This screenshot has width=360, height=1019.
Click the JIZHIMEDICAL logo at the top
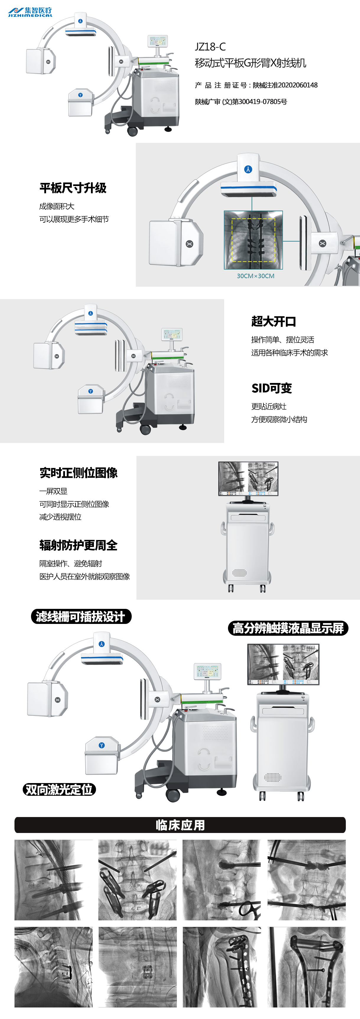point(30,12)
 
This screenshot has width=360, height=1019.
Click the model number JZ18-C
point(210,47)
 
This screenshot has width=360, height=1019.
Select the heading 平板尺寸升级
point(73,188)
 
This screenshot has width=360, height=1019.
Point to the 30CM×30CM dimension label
point(255,276)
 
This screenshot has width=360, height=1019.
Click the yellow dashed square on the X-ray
point(253,240)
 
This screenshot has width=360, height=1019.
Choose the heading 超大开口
point(274,321)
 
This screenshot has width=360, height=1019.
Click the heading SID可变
point(272,388)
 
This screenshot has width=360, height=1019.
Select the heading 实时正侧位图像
point(78,473)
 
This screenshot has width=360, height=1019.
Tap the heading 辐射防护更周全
point(78,545)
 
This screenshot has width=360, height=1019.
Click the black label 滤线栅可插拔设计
point(81,616)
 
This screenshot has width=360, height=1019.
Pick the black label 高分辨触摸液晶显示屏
point(288,628)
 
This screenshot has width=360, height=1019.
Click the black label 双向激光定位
point(59,790)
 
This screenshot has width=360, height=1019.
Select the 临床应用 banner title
point(180,825)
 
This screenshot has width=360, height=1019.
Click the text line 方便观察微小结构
point(279,419)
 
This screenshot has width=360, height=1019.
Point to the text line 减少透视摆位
point(60,517)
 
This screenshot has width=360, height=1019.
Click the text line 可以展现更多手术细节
point(74,219)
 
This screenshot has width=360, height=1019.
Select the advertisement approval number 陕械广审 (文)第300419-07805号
point(241,102)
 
